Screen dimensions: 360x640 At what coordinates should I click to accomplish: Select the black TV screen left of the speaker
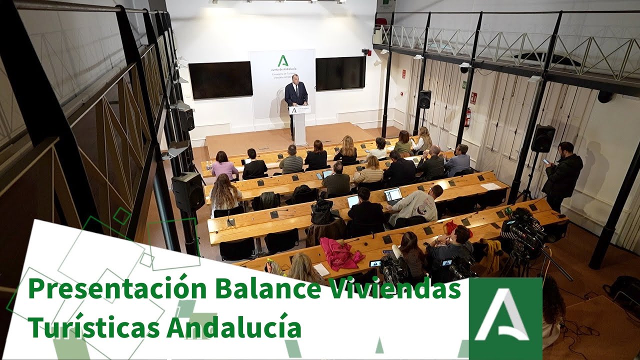[220, 79]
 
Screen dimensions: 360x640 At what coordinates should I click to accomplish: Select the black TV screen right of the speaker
[340, 73]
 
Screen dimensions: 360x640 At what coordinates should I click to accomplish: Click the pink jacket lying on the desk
[340, 253]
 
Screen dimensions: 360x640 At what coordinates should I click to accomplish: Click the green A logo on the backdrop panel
[283, 61]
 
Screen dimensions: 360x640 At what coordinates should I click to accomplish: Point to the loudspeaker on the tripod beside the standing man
[542, 138]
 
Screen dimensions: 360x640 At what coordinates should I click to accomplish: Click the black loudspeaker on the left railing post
[187, 191]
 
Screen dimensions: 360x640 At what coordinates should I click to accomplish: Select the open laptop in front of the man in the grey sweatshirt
[393, 194]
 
